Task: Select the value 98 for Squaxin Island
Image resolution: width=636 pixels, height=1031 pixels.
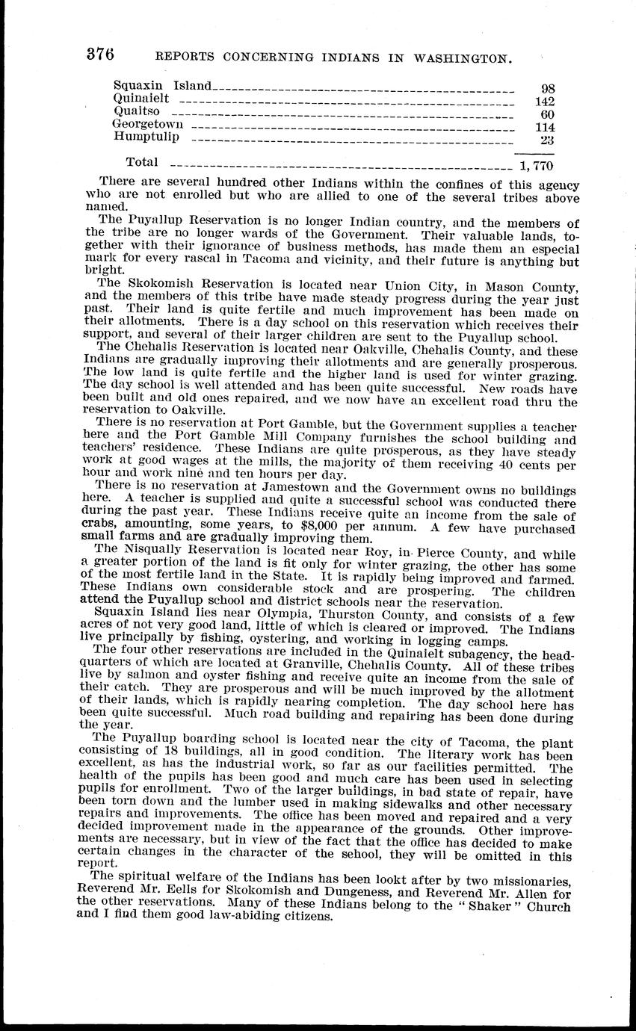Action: coord(547,89)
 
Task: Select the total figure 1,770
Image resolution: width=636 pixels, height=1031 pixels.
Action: coord(536,167)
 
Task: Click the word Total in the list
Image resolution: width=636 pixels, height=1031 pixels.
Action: coord(142,161)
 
